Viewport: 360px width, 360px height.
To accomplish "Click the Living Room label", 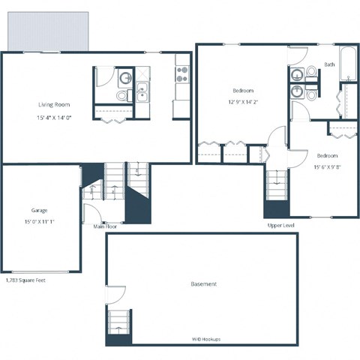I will point(54,105).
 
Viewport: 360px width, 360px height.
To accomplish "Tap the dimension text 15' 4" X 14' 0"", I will point(56,118).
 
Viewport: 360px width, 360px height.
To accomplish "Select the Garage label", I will point(39,210).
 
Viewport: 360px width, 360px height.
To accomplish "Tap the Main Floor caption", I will point(104,226).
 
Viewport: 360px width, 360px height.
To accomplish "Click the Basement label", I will point(204,284).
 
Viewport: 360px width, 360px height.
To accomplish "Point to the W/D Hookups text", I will point(206,339).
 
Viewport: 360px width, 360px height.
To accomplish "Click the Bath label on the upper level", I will point(330,64).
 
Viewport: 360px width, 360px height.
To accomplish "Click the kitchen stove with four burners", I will point(182,73).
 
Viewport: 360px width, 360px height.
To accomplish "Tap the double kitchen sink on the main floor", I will point(142,94).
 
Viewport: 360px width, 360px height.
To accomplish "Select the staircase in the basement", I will point(118,324).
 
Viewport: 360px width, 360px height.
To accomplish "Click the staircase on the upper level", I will point(276,184).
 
